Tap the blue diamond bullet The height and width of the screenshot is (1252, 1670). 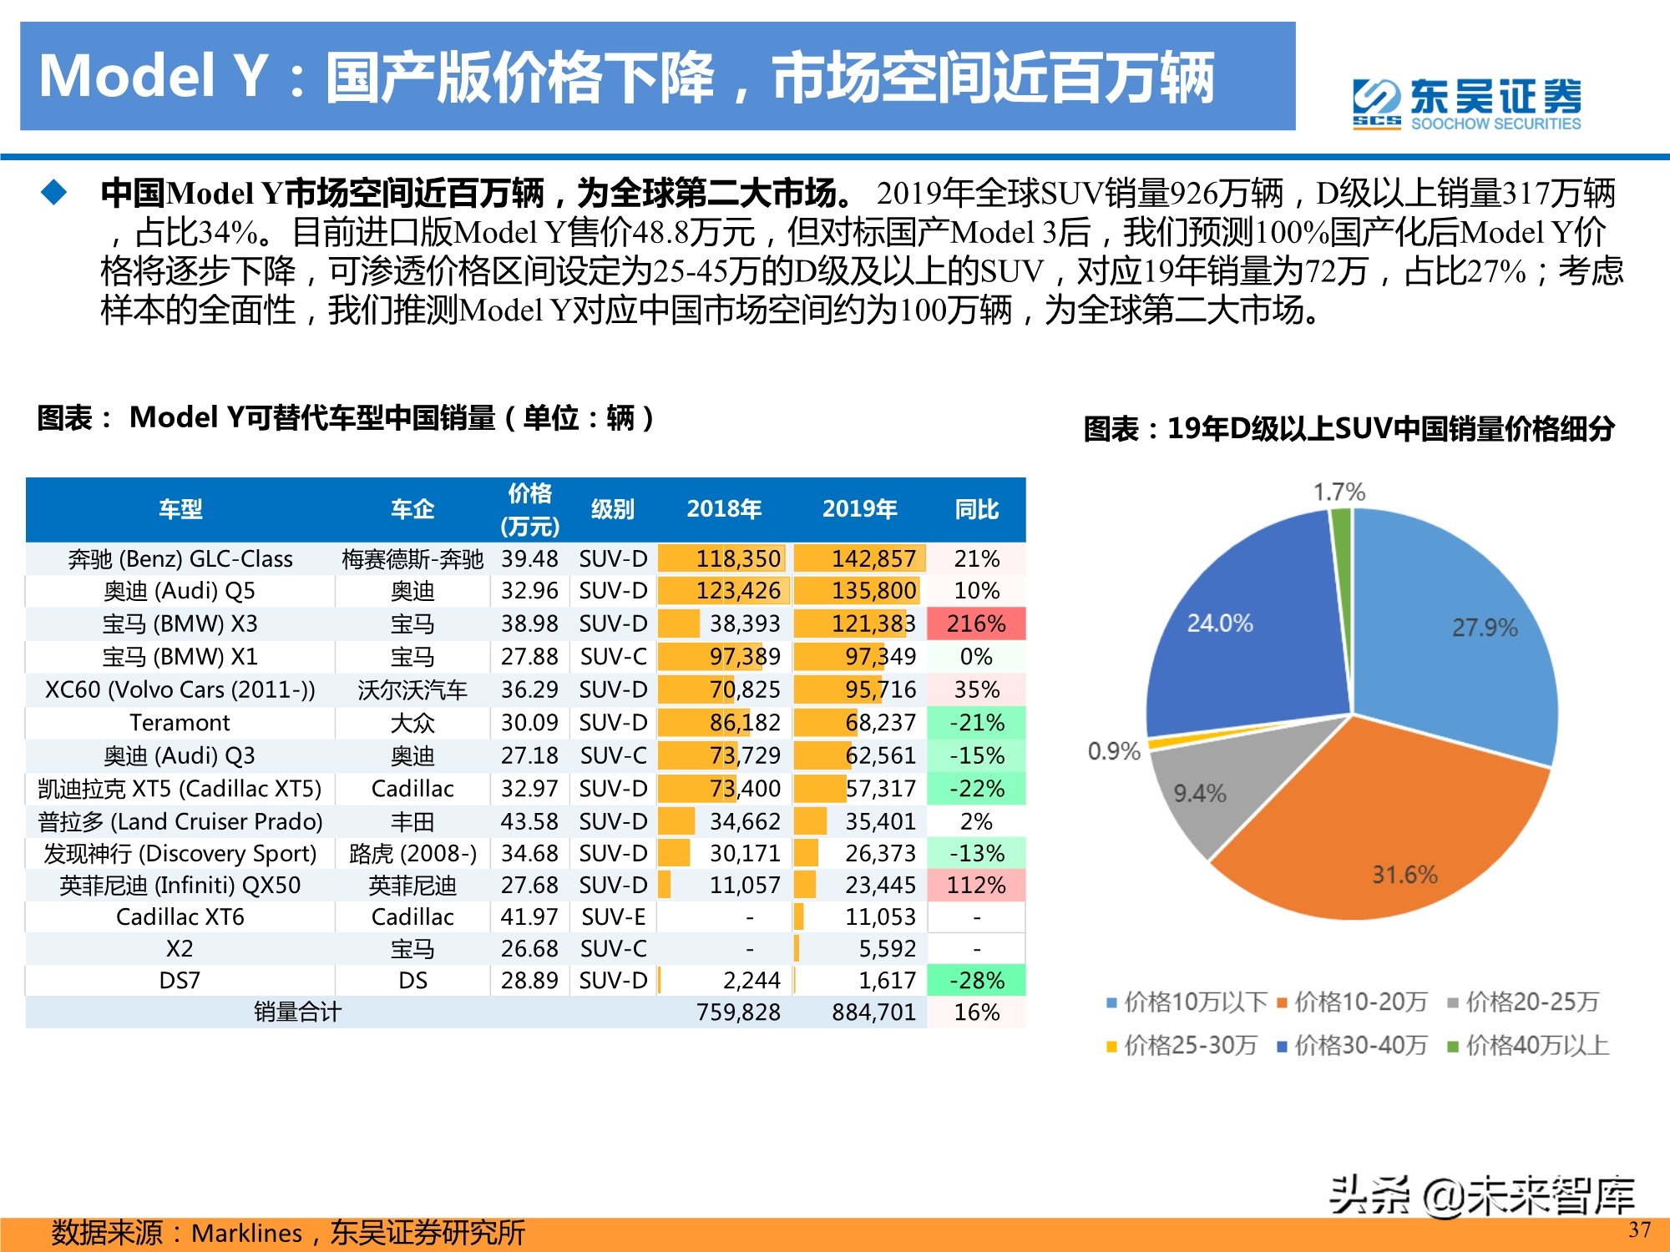[54, 193]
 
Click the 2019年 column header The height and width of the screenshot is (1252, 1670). [859, 509]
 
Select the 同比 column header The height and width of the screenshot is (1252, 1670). [976, 509]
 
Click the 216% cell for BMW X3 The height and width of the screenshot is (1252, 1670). [976, 623]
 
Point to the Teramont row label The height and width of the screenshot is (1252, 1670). [180, 722]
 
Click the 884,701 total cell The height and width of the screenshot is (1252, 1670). [873, 1012]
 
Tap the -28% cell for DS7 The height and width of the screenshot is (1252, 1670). [976, 980]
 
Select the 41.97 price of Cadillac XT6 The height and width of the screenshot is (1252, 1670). [529, 916]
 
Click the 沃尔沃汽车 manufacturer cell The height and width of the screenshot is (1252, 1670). [412, 689]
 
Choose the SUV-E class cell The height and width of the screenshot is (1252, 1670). [613, 916]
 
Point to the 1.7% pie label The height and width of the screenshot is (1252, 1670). [1339, 492]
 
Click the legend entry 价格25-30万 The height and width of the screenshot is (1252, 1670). [1182, 1045]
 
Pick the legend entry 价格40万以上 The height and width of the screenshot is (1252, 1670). [1528, 1045]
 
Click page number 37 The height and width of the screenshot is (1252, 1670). [1639, 1229]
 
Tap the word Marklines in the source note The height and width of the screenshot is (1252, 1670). [246, 1233]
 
